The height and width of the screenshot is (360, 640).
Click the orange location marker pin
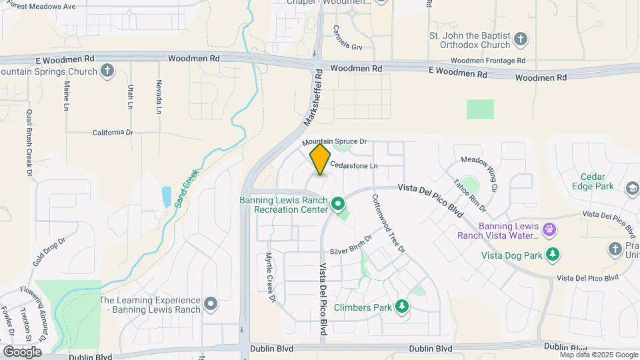point(320,159)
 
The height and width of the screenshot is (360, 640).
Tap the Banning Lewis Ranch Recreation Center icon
point(338,203)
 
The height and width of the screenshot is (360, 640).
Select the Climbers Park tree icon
point(401,307)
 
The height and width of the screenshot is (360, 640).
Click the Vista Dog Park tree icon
point(552,254)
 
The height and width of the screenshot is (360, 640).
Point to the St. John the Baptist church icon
point(522,39)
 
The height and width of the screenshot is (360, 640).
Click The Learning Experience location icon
point(211,305)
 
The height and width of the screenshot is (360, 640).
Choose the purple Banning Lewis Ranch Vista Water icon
point(549,230)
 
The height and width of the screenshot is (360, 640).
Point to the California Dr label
point(113,132)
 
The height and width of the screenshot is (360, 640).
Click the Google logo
point(22,351)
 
